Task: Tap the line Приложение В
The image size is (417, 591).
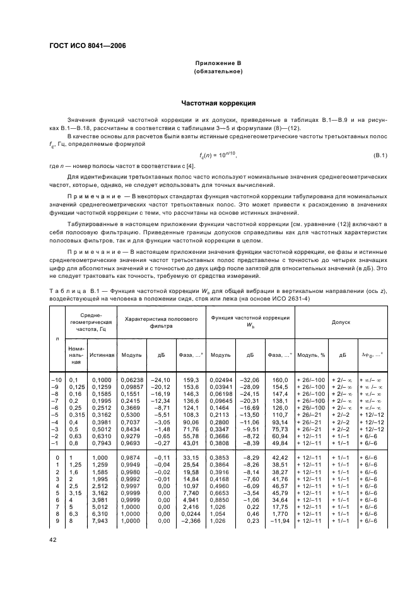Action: click(224, 64)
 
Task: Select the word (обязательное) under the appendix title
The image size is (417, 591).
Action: click(224, 71)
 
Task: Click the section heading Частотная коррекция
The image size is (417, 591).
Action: click(218, 102)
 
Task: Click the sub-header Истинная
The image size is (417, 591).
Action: click(101, 355)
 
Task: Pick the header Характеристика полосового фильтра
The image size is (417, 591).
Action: click(163, 321)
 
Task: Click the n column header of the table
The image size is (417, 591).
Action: click(57, 338)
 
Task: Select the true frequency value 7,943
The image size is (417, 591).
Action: click(101, 520)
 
